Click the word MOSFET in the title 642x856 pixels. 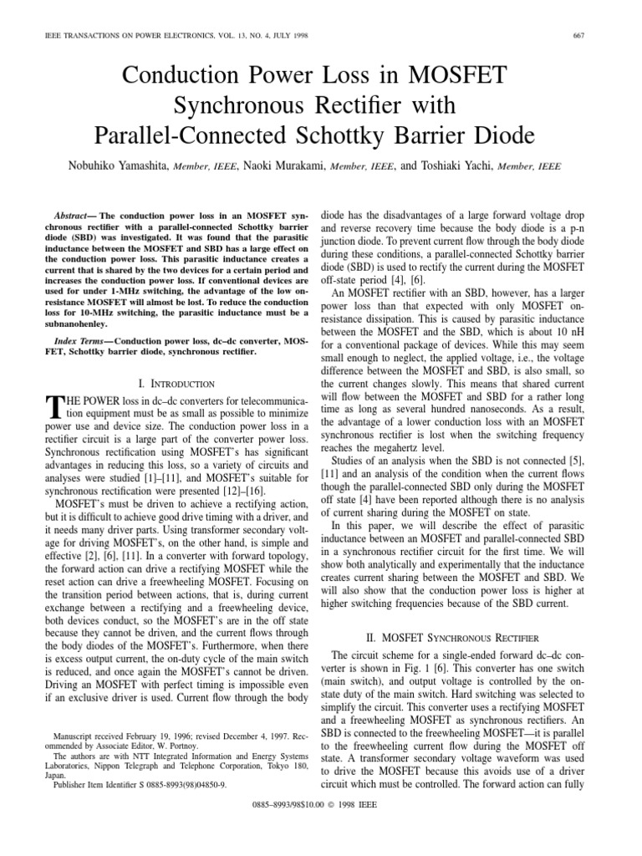coord(453,77)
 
